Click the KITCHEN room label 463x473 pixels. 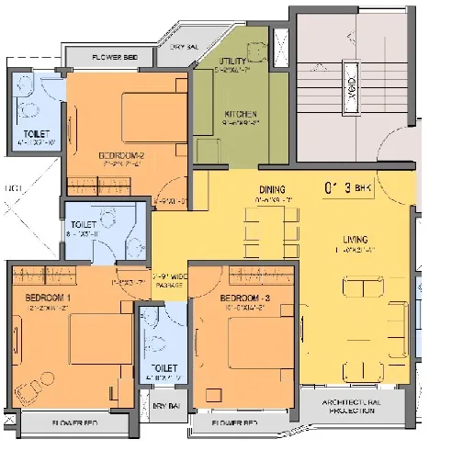pos(241,114)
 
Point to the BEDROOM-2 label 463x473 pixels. pos(122,155)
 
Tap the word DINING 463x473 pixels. pos(273,190)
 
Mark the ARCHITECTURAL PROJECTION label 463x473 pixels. pos(350,408)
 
